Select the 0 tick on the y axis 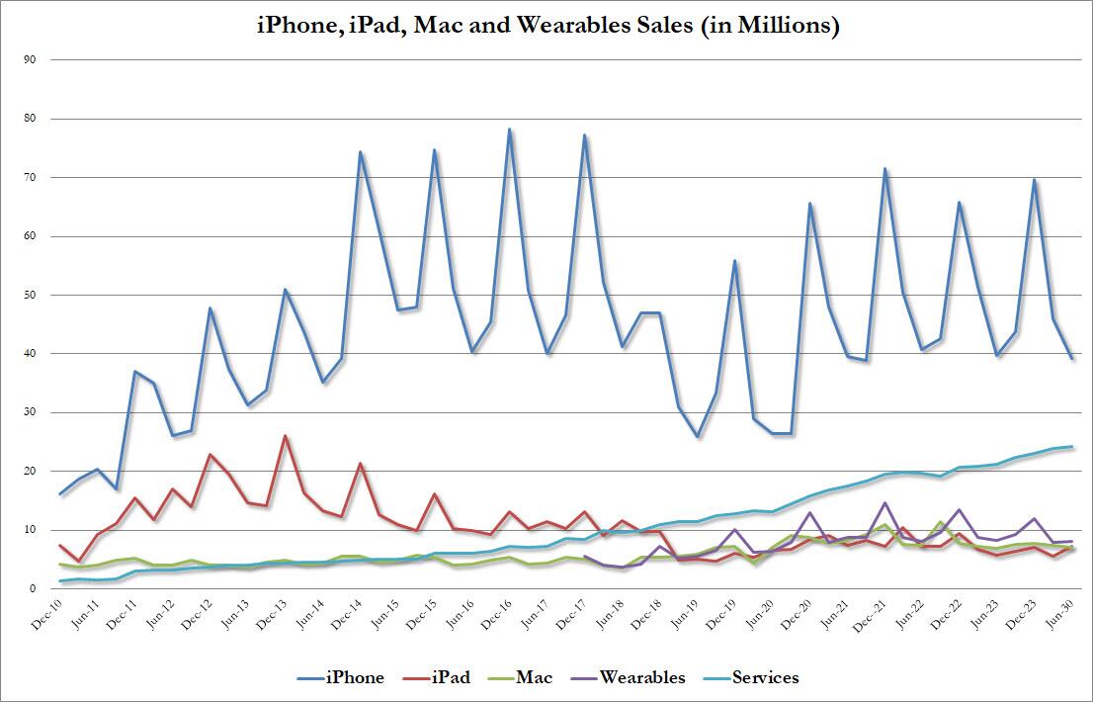coord(33,588)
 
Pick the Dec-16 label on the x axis coord(496,614)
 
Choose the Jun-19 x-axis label coord(684,614)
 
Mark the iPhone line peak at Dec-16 coord(509,130)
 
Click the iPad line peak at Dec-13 coord(286,436)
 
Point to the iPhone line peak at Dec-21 coord(884,169)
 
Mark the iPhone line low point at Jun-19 coord(697,436)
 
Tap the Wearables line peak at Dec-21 coord(884,503)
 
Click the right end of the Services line coord(1072,446)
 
